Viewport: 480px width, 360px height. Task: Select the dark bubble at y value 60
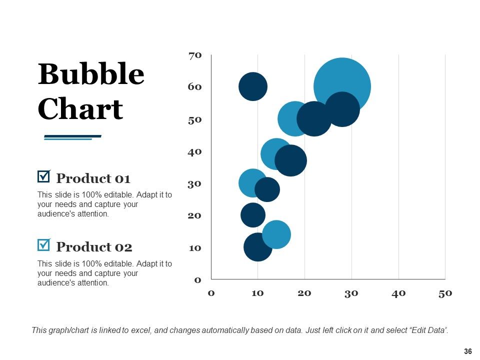point(253,86)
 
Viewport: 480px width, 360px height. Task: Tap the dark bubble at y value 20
point(253,215)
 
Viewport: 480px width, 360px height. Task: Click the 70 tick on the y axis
point(195,55)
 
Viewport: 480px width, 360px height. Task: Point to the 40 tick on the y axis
point(194,152)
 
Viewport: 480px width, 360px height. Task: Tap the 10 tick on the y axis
point(195,248)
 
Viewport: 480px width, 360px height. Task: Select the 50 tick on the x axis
point(445,293)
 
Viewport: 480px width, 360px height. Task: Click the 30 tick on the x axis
point(351,293)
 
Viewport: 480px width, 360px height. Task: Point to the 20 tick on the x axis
point(304,293)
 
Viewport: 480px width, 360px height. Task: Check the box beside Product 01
point(44,176)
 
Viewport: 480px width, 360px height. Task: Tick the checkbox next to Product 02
point(44,245)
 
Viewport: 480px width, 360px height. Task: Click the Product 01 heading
point(93,178)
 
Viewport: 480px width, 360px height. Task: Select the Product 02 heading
point(94,247)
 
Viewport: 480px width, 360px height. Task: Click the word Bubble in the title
point(91,74)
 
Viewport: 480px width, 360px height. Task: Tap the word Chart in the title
point(80,108)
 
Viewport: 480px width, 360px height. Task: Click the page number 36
point(468,351)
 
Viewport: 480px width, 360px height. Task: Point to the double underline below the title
point(72,137)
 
